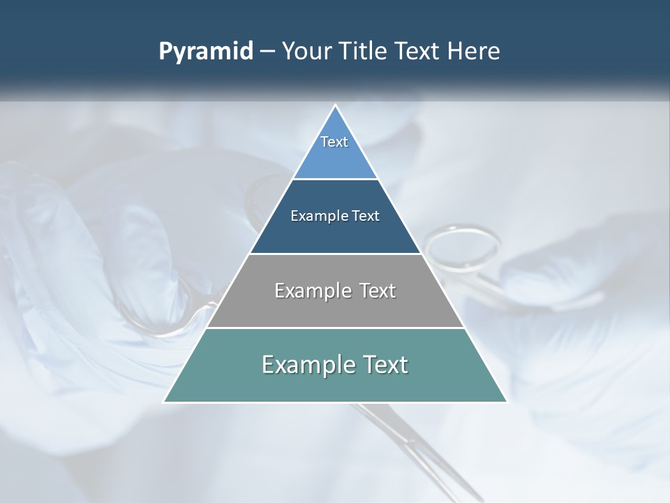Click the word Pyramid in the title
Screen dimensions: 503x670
[206, 52]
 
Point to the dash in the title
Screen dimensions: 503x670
[267, 52]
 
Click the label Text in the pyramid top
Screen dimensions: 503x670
[334, 142]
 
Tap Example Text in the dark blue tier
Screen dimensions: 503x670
[335, 216]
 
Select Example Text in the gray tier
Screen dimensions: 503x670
[335, 291]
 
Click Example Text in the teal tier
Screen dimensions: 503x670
[335, 365]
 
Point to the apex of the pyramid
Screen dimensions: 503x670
[335, 106]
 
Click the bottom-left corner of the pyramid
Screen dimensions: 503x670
[165, 401]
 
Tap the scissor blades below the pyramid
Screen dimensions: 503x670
[412, 447]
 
